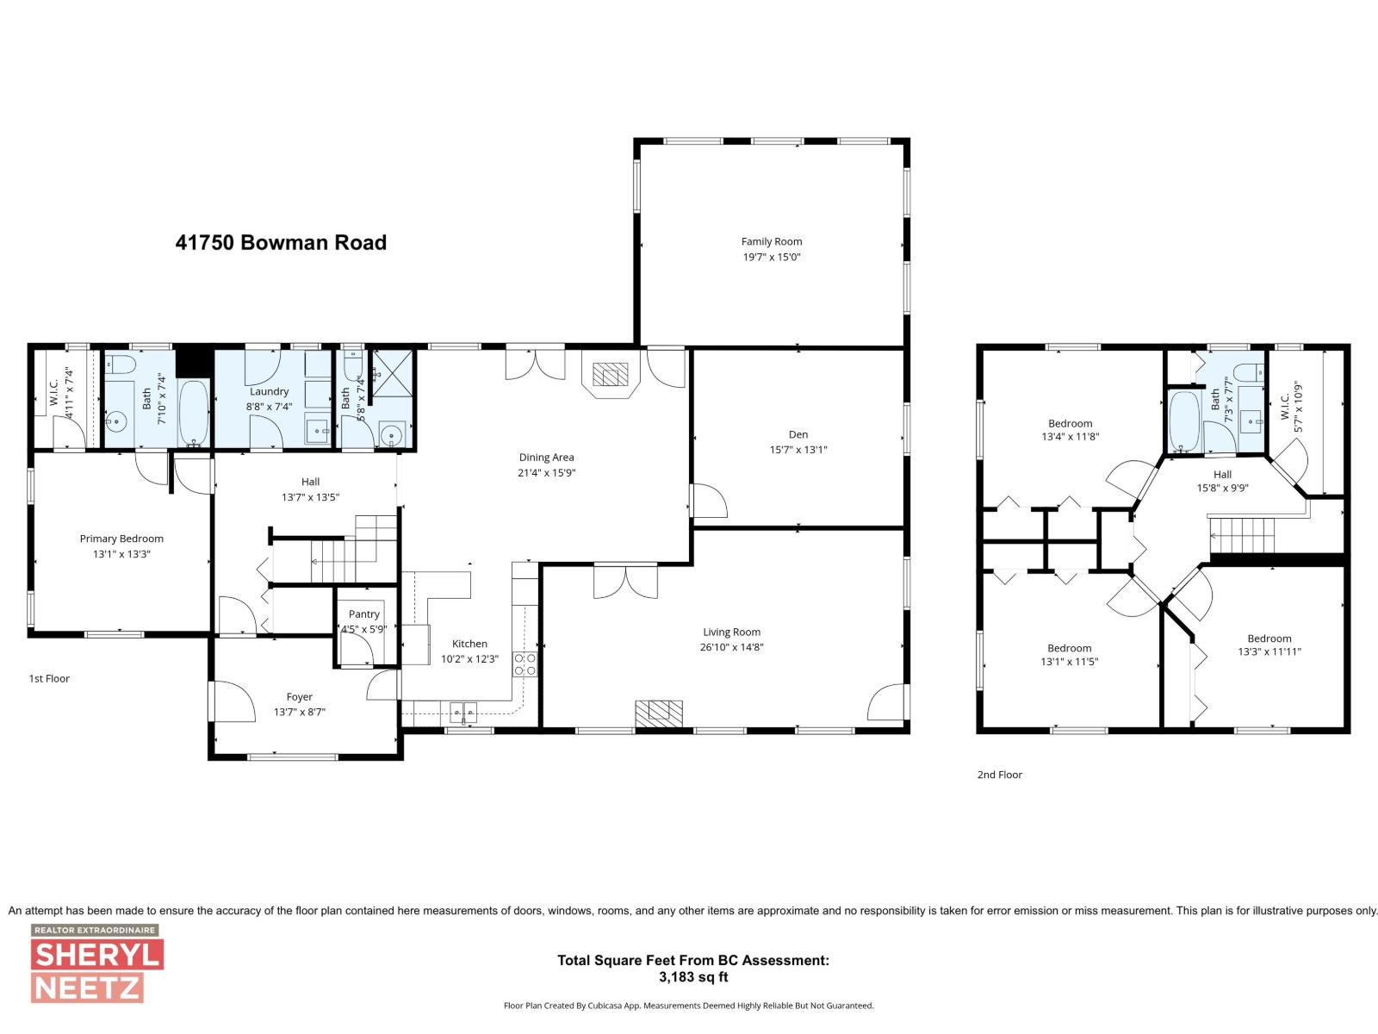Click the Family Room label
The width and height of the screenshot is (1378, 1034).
coord(771,241)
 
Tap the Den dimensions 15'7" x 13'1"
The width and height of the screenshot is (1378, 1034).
coord(798,450)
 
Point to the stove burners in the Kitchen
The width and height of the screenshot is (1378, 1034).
coord(525,663)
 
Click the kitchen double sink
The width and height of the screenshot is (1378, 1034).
coord(463,712)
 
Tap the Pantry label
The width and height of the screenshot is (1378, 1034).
coord(364,614)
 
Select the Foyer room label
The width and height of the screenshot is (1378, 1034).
coord(299,697)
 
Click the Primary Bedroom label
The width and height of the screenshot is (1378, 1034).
coord(121,539)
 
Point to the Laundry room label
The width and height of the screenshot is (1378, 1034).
coord(269,391)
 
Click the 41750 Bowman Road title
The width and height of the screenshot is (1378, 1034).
coord(281,243)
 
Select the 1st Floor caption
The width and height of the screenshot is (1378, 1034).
coord(49,679)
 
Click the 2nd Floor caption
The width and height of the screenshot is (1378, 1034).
coord(999,775)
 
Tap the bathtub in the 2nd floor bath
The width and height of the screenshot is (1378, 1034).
coord(1183,420)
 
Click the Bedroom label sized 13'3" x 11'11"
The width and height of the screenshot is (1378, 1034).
coord(1269,638)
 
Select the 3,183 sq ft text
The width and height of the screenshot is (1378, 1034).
coord(692,977)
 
